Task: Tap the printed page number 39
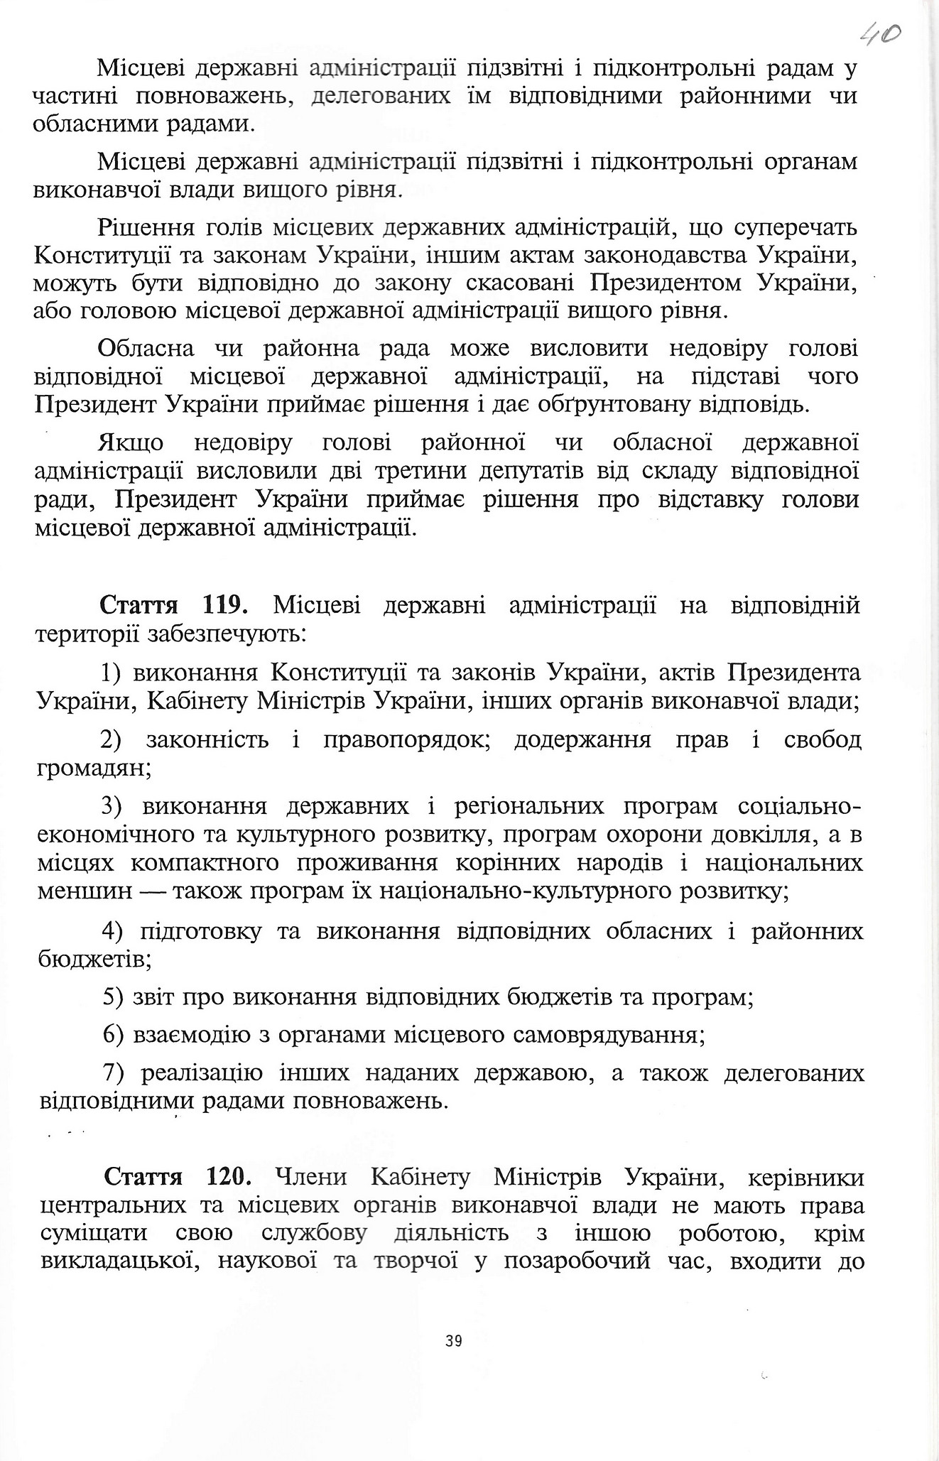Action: (454, 1341)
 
